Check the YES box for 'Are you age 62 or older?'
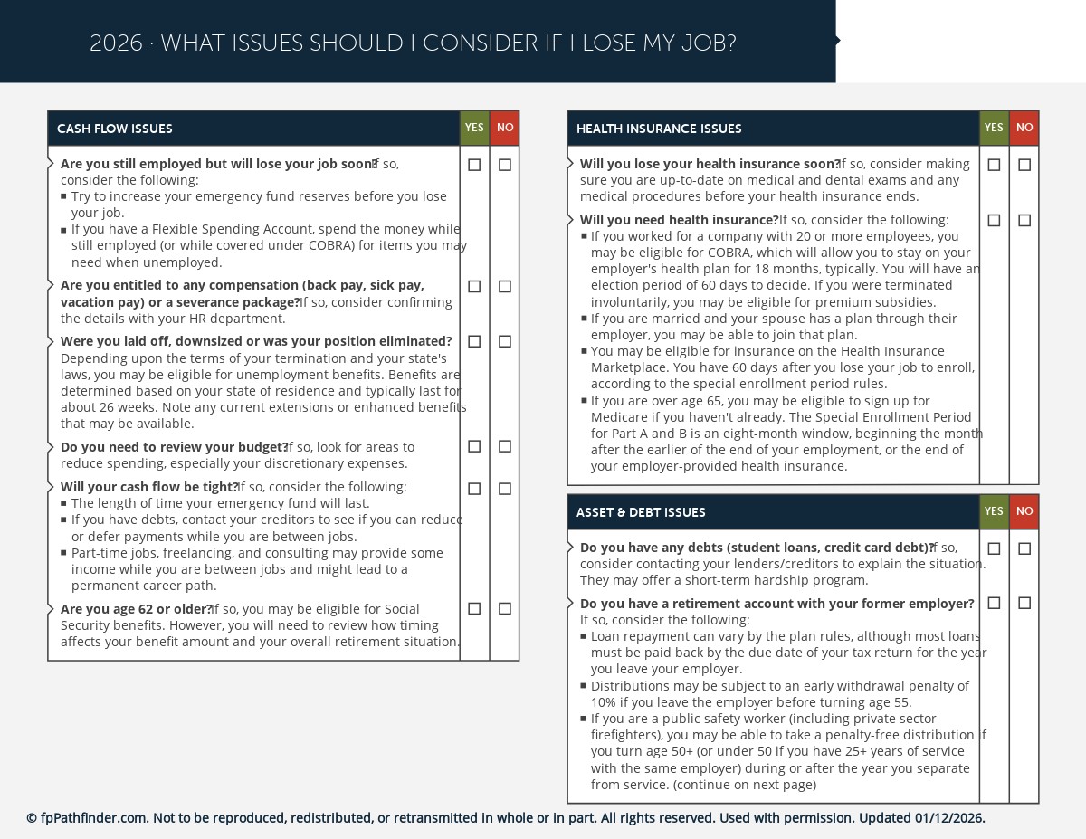click(474, 609)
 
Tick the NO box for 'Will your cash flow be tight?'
click(505, 489)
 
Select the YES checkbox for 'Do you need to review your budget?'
click(474, 446)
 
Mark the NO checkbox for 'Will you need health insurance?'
click(1024, 221)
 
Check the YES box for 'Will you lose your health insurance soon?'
click(994, 165)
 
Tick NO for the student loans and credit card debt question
click(1024, 548)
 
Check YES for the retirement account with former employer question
click(994, 603)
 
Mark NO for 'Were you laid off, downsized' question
click(505, 341)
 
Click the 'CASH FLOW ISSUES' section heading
click(114, 129)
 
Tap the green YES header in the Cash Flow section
click(474, 129)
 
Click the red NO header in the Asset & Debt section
click(1024, 511)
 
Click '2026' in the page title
click(116, 43)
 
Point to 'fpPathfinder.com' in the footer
click(94, 818)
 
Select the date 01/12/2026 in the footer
click(948, 818)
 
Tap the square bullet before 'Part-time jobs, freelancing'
click(64, 553)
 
